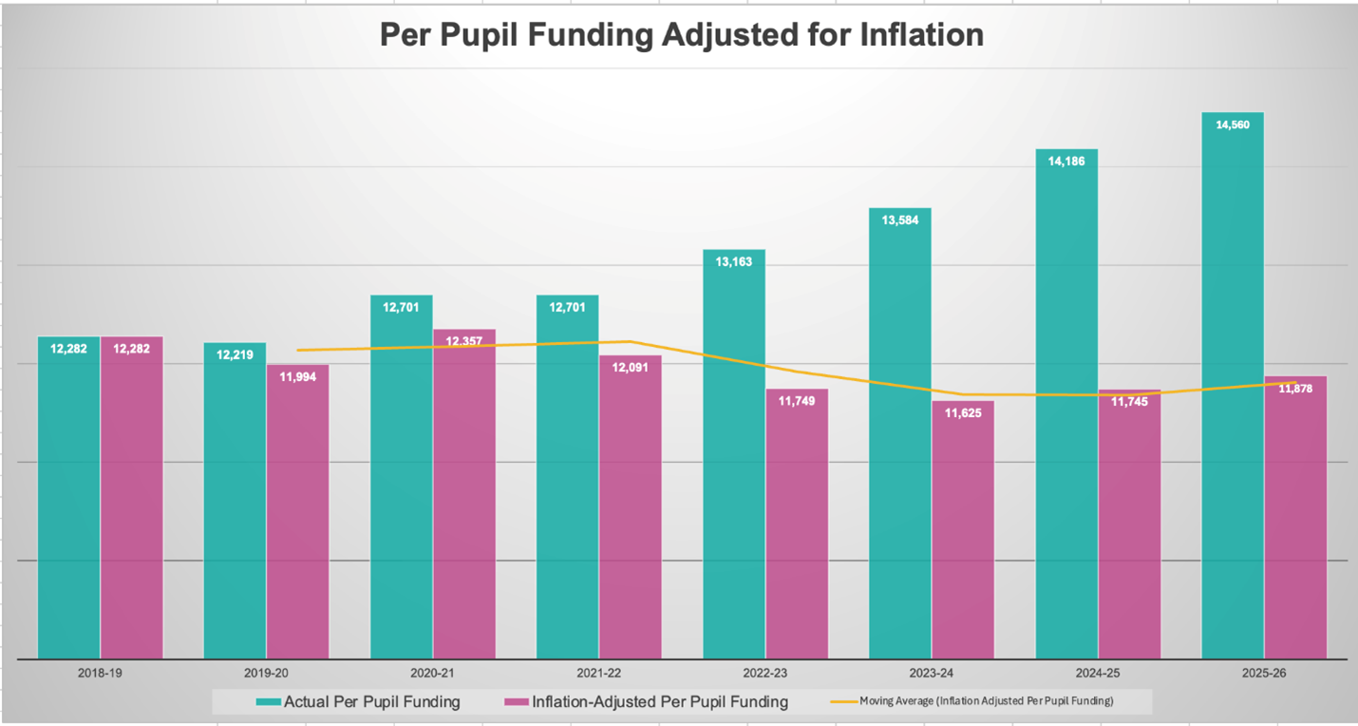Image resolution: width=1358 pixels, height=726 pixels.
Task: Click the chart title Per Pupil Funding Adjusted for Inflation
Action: (681, 35)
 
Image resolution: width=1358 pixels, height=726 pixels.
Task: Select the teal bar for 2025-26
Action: (1233, 399)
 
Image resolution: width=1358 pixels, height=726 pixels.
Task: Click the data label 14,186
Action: (1066, 162)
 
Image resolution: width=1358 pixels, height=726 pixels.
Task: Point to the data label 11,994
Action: (297, 377)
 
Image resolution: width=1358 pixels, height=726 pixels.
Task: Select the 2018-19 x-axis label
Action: (100, 672)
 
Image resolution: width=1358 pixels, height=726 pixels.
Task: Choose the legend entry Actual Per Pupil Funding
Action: (359, 702)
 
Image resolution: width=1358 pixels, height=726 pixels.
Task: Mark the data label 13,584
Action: (900, 220)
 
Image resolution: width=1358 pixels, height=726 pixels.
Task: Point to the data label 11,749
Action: (797, 401)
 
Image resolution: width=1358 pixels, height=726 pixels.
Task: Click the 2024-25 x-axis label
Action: (1098, 672)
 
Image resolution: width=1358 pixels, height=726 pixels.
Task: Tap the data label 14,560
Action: (1233, 124)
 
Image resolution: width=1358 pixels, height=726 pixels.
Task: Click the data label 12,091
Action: (631, 368)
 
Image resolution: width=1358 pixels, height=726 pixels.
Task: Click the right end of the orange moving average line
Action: (1295, 383)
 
